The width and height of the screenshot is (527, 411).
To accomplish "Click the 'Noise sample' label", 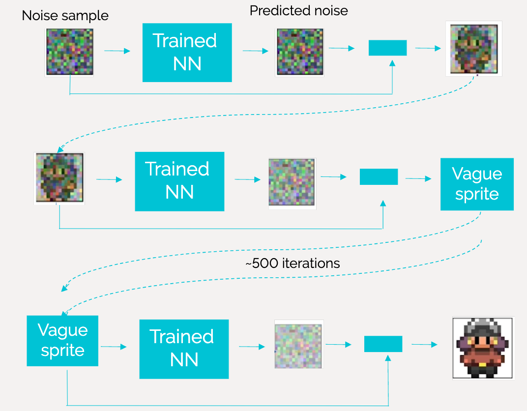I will point(65,16).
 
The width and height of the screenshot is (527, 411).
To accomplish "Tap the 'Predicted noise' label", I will point(298,11).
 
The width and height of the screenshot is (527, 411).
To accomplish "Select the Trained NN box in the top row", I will point(187,52).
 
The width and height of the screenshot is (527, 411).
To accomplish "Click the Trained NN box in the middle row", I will point(179,181).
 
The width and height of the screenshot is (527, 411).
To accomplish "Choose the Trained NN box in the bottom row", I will point(184,349).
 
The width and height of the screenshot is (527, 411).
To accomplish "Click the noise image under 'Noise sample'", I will point(70,52).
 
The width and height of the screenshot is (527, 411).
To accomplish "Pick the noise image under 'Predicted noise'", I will point(300,52).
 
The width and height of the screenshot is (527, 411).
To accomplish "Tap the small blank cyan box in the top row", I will point(387,48).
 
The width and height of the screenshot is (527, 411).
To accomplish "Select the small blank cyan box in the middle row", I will point(379,176).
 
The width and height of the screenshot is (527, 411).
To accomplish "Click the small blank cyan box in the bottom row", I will point(383,344).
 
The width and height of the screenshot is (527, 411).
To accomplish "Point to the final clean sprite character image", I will point(483,348).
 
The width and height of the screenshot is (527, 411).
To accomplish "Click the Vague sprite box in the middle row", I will point(476,184).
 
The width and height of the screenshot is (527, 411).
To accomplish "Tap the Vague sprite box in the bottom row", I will point(62,341).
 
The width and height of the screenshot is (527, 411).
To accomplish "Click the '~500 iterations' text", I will point(292,263).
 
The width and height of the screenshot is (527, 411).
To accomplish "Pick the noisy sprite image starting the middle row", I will point(59,178).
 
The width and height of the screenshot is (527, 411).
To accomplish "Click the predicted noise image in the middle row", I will point(292,183).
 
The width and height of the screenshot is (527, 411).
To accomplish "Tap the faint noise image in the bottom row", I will point(298,344).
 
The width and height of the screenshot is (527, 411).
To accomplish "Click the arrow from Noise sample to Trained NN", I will point(117,51).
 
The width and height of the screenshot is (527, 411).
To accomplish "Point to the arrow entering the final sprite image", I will point(424,344).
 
